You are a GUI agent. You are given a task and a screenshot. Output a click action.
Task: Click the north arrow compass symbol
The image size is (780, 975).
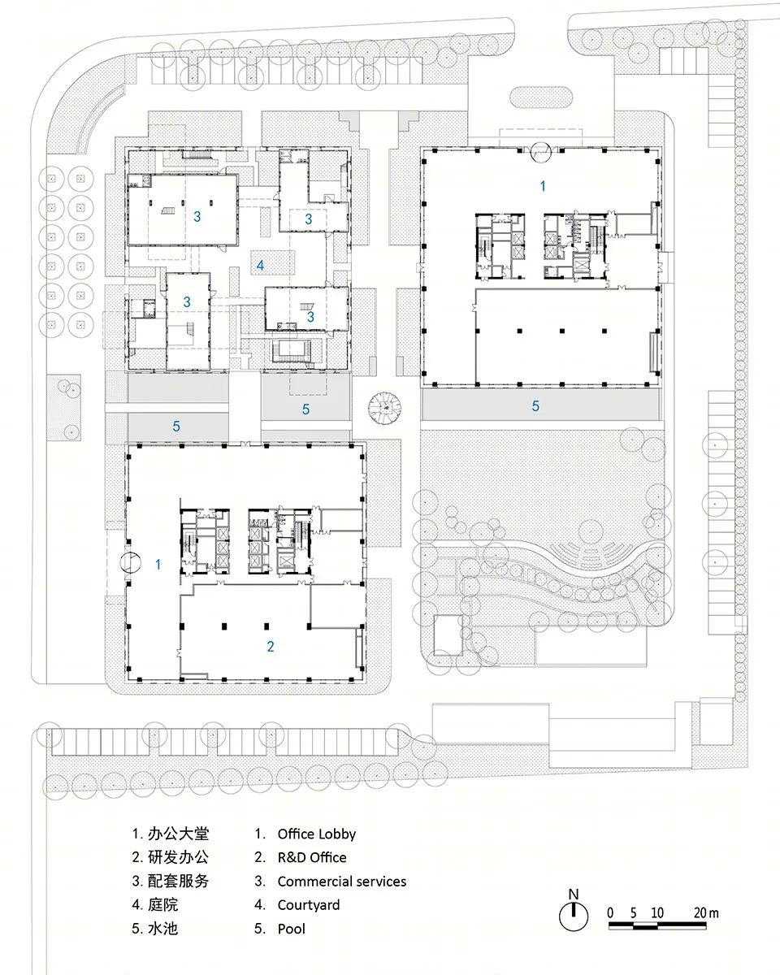[x=574, y=916]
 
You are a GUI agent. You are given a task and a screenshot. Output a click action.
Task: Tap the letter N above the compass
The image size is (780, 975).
[x=574, y=894]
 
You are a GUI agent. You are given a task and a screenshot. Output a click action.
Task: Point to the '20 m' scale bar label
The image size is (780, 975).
[x=706, y=912]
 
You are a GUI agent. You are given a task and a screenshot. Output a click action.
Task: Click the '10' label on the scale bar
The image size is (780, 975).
[x=657, y=912]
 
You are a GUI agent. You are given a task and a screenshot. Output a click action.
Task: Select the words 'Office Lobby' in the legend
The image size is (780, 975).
[x=316, y=834]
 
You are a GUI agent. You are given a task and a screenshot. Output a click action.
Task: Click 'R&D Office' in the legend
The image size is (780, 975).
[x=312, y=858]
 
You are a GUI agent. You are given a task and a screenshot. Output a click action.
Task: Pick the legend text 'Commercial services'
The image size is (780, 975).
[x=342, y=882]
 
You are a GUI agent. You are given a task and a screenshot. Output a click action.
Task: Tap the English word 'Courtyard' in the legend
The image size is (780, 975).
[x=309, y=905]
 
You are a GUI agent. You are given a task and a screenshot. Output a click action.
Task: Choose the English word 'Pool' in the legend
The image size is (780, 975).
[x=292, y=929]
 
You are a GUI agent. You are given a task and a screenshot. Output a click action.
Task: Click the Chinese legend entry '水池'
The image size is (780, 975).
[x=162, y=929]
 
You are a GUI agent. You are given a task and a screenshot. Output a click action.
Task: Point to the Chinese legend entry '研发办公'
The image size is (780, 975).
[x=178, y=857]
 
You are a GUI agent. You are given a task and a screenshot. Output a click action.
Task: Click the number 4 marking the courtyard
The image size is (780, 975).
[x=260, y=265]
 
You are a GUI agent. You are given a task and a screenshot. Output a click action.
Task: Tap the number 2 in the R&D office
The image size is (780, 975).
[x=271, y=647]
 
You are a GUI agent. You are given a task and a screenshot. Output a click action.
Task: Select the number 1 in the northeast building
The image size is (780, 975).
[x=543, y=186]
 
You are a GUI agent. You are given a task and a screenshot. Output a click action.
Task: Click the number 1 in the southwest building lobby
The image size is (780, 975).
[x=158, y=565]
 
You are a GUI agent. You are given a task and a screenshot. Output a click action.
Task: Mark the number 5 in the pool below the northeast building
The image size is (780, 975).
[x=535, y=406]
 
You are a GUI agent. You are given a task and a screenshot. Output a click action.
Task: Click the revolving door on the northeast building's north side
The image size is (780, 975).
[x=541, y=152]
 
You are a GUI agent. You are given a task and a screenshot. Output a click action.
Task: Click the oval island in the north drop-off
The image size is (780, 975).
[x=541, y=97]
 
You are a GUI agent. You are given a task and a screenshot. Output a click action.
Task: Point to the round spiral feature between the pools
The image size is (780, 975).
[x=385, y=408]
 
